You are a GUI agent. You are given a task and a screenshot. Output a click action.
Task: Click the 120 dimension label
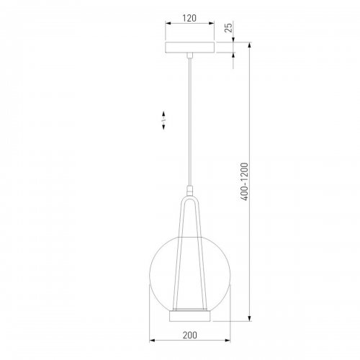189,18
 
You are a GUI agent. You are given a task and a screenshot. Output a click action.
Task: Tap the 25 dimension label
229,28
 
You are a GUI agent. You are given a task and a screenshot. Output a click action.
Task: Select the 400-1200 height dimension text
244,181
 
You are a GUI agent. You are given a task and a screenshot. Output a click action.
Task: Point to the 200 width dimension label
189,335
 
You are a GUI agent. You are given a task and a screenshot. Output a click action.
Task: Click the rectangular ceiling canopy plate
190,48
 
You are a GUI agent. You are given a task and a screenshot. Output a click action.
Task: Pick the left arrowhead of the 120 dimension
168,23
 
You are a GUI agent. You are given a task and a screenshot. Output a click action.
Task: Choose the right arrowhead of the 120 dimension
212,23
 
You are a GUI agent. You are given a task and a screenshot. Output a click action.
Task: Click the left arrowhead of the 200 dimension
152,340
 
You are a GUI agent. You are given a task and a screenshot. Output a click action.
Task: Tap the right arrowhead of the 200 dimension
228,340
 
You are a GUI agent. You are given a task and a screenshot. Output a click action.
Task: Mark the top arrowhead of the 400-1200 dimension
250,45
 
